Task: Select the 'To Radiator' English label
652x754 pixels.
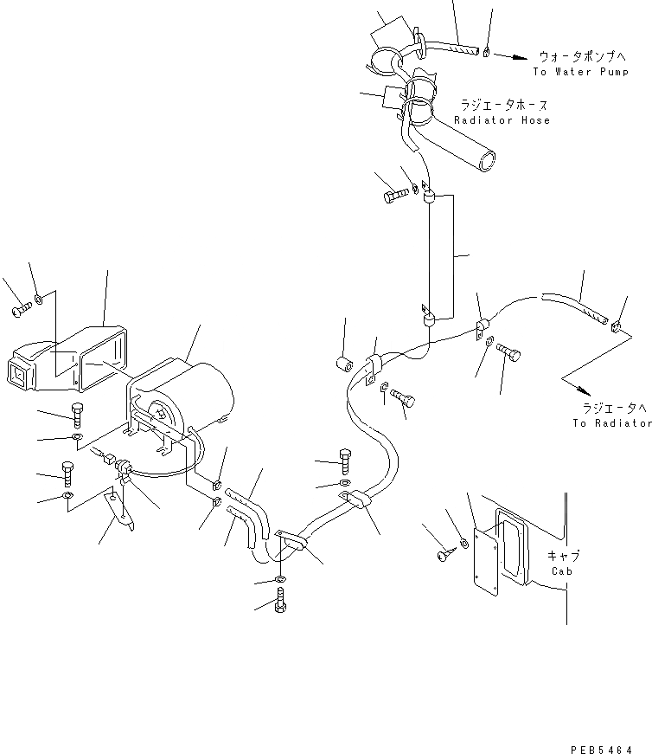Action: (x=610, y=422)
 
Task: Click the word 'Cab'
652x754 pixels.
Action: (x=561, y=571)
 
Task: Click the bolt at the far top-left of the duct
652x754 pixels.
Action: (x=20, y=309)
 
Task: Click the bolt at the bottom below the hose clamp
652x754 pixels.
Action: (x=280, y=599)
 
